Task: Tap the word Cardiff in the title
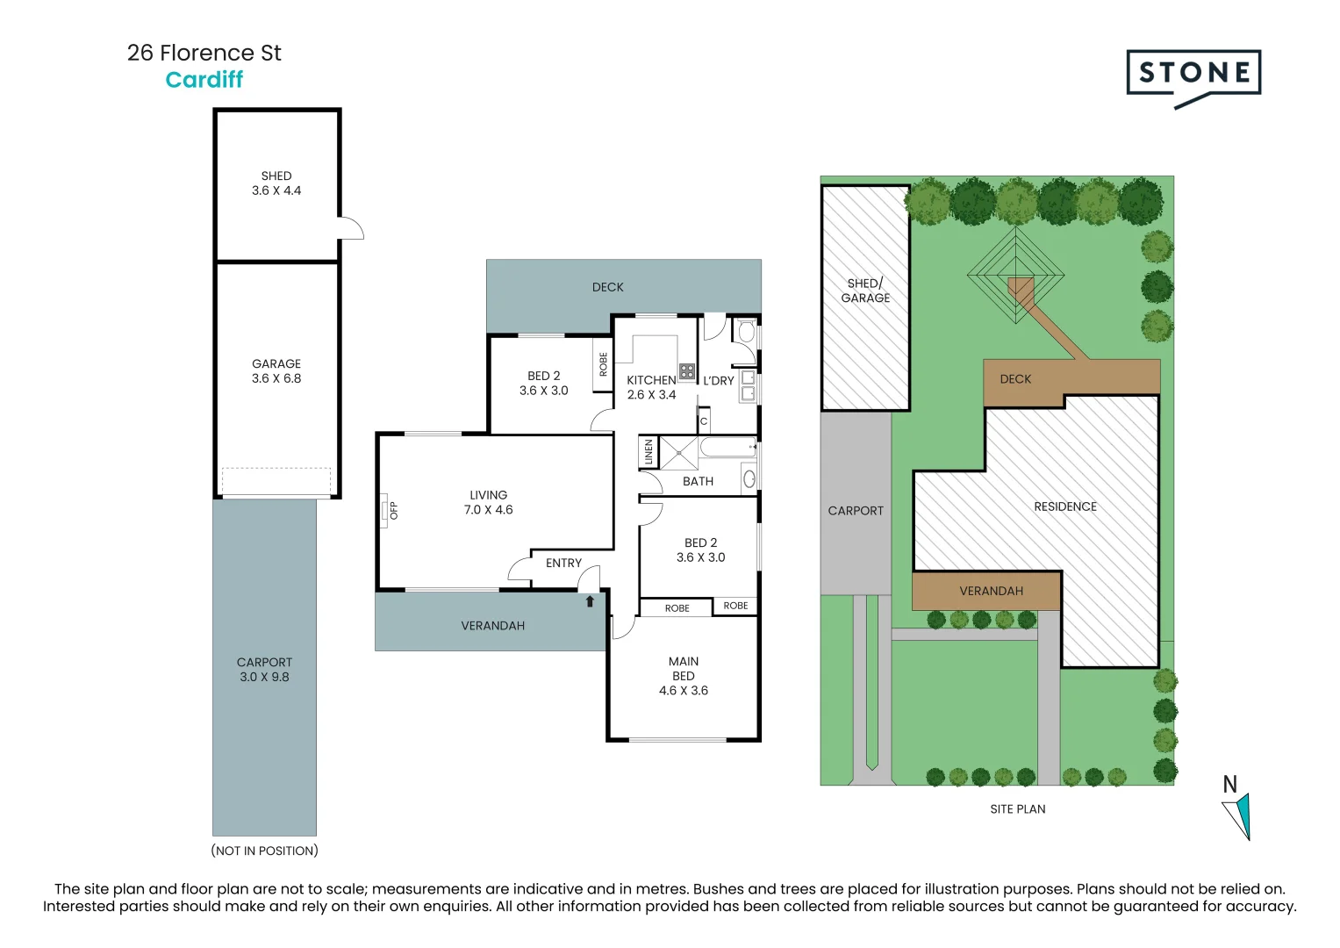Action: pos(204,80)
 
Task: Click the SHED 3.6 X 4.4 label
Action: pos(276,183)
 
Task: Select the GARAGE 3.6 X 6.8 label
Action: pos(276,371)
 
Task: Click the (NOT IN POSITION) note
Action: pos(264,851)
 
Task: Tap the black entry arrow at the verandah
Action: pos(590,601)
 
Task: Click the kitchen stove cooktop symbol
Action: pos(687,371)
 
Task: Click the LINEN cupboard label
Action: pos(649,452)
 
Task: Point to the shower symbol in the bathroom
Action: pos(678,452)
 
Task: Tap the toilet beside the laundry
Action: pos(747,332)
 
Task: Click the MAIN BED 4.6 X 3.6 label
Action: pos(683,676)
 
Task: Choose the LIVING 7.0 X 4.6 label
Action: pos(488,502)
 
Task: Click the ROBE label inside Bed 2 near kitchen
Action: pos(603,364)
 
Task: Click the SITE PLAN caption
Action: pos(1018,809)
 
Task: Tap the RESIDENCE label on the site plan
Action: pos(1065,506)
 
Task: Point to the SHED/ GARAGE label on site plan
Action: pos(865,291)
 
